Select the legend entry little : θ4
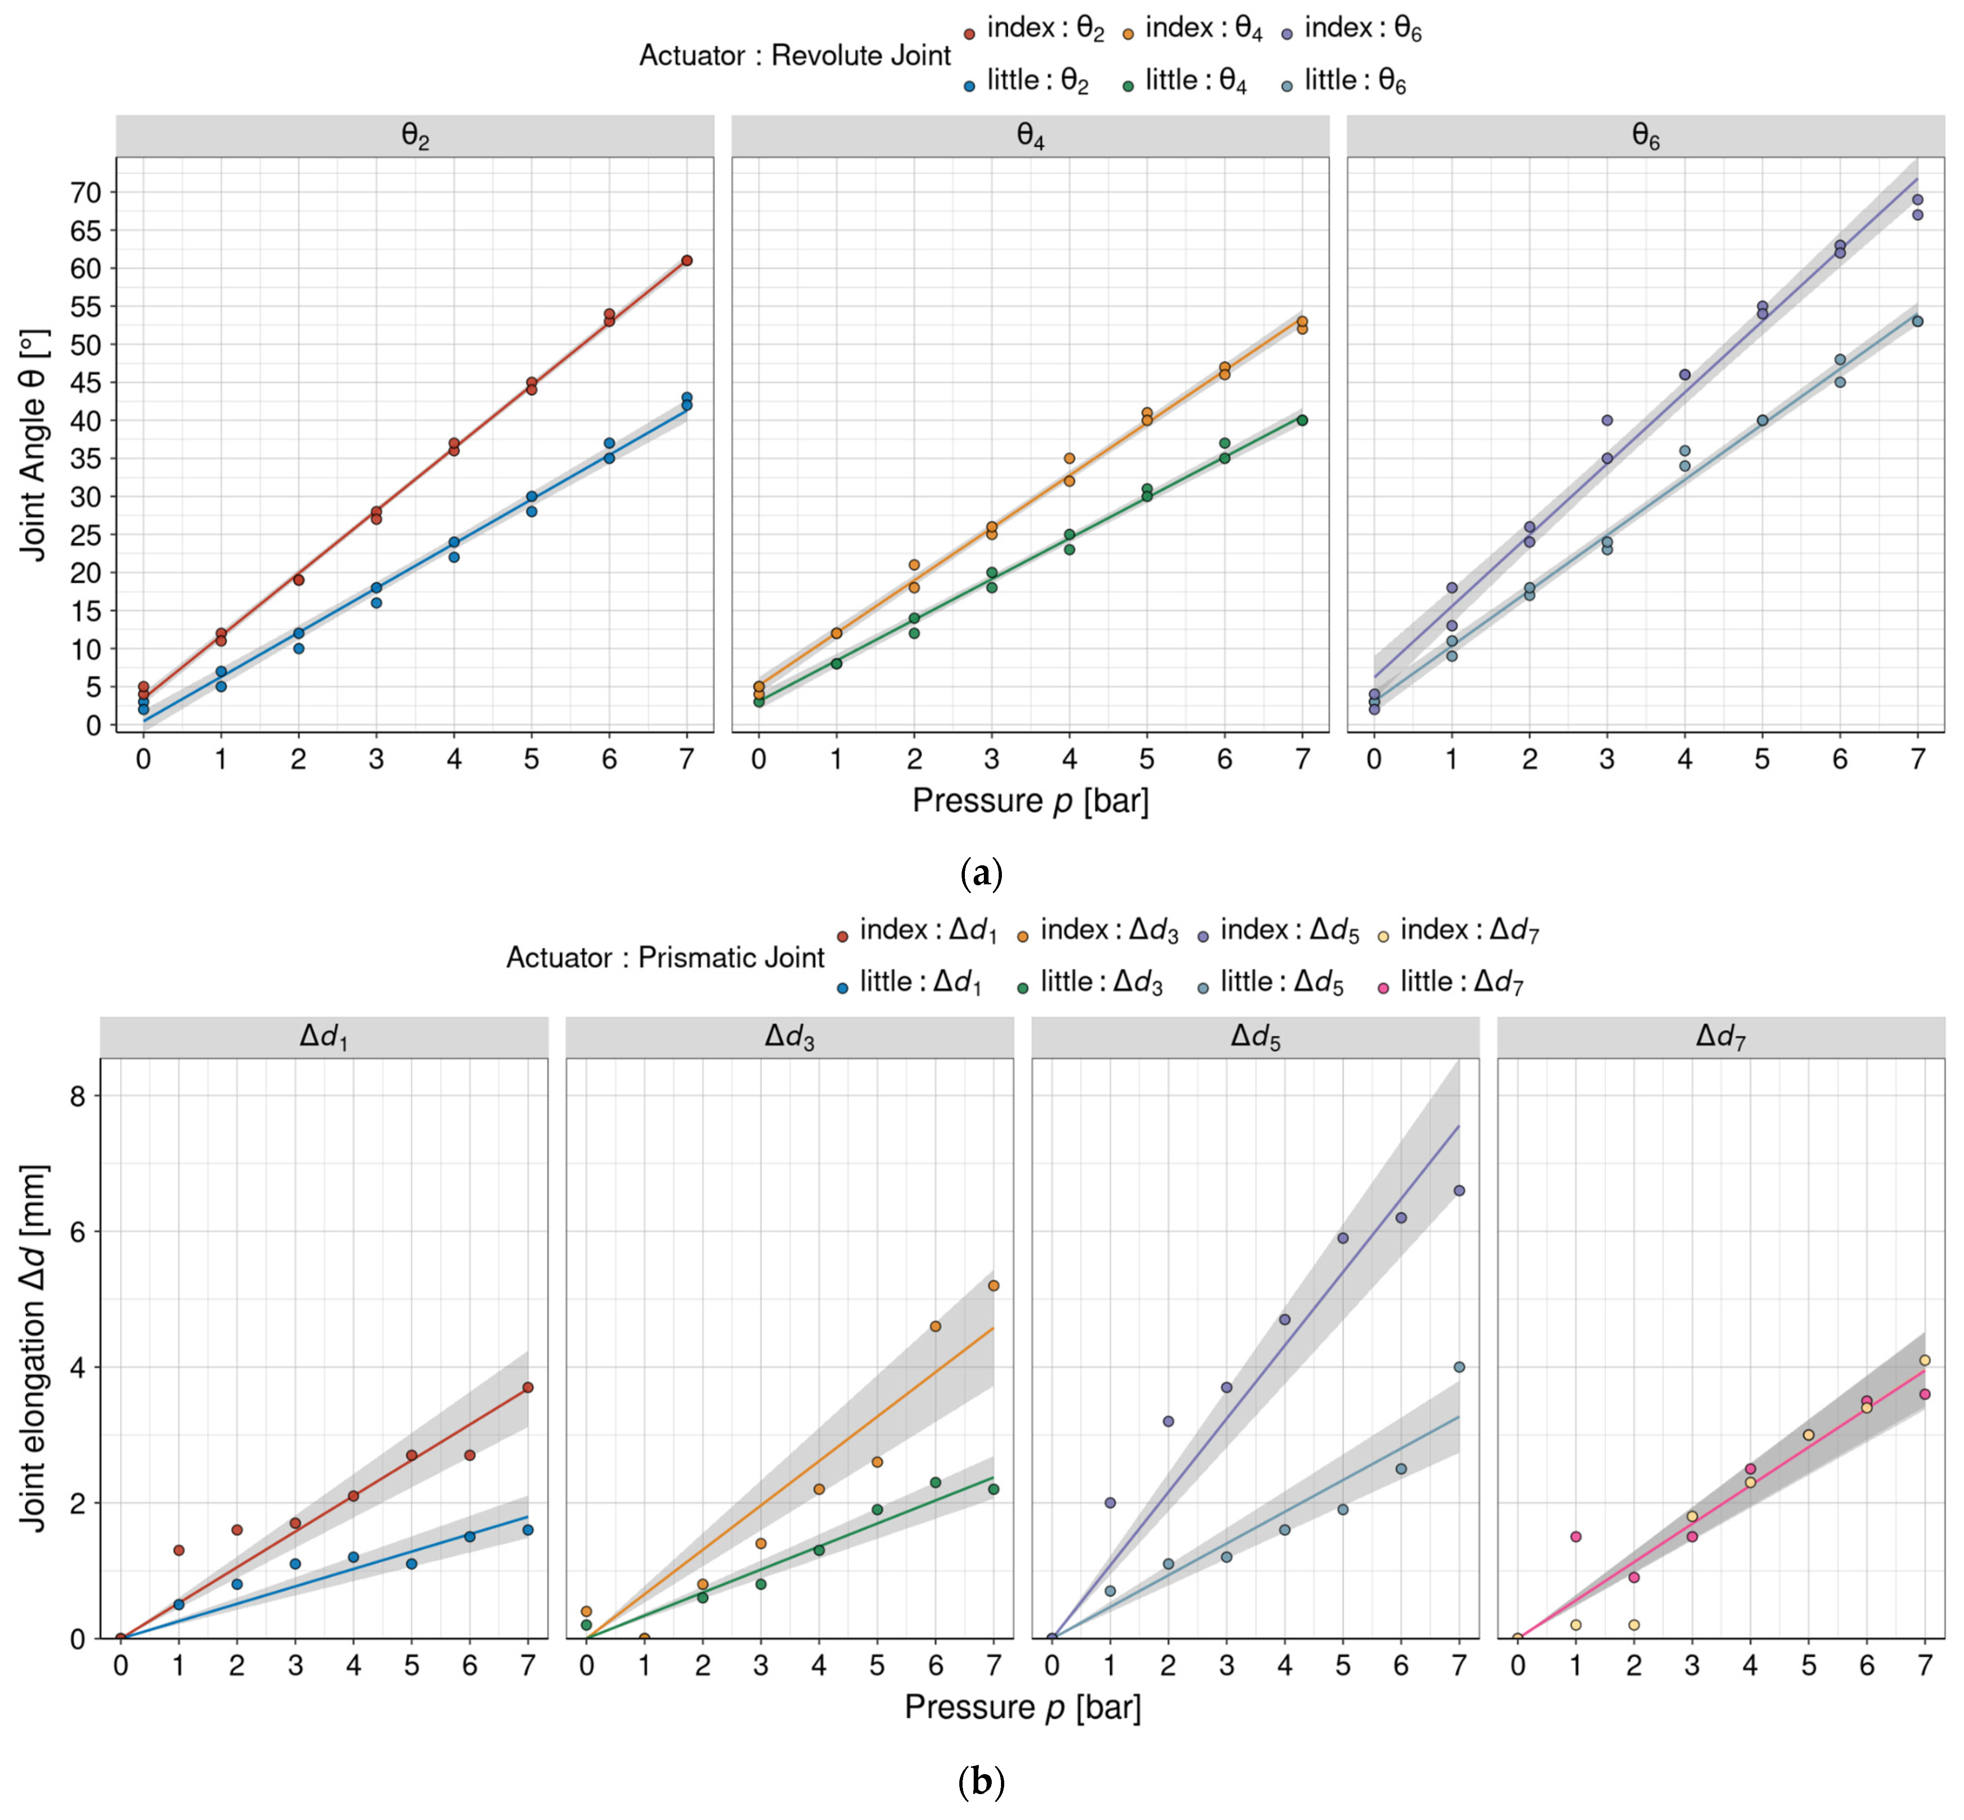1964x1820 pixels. (1185, 82)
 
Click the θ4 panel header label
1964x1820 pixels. (1030, 137)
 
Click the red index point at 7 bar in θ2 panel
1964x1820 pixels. (686, 261)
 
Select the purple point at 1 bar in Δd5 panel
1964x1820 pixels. (1110, 1503)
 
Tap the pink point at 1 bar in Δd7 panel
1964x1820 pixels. (1576, 1536)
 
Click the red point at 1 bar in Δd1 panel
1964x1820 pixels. (178, 1550)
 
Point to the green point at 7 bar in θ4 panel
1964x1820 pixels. (1302, 421)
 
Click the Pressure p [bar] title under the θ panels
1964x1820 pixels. (1030, 801)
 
